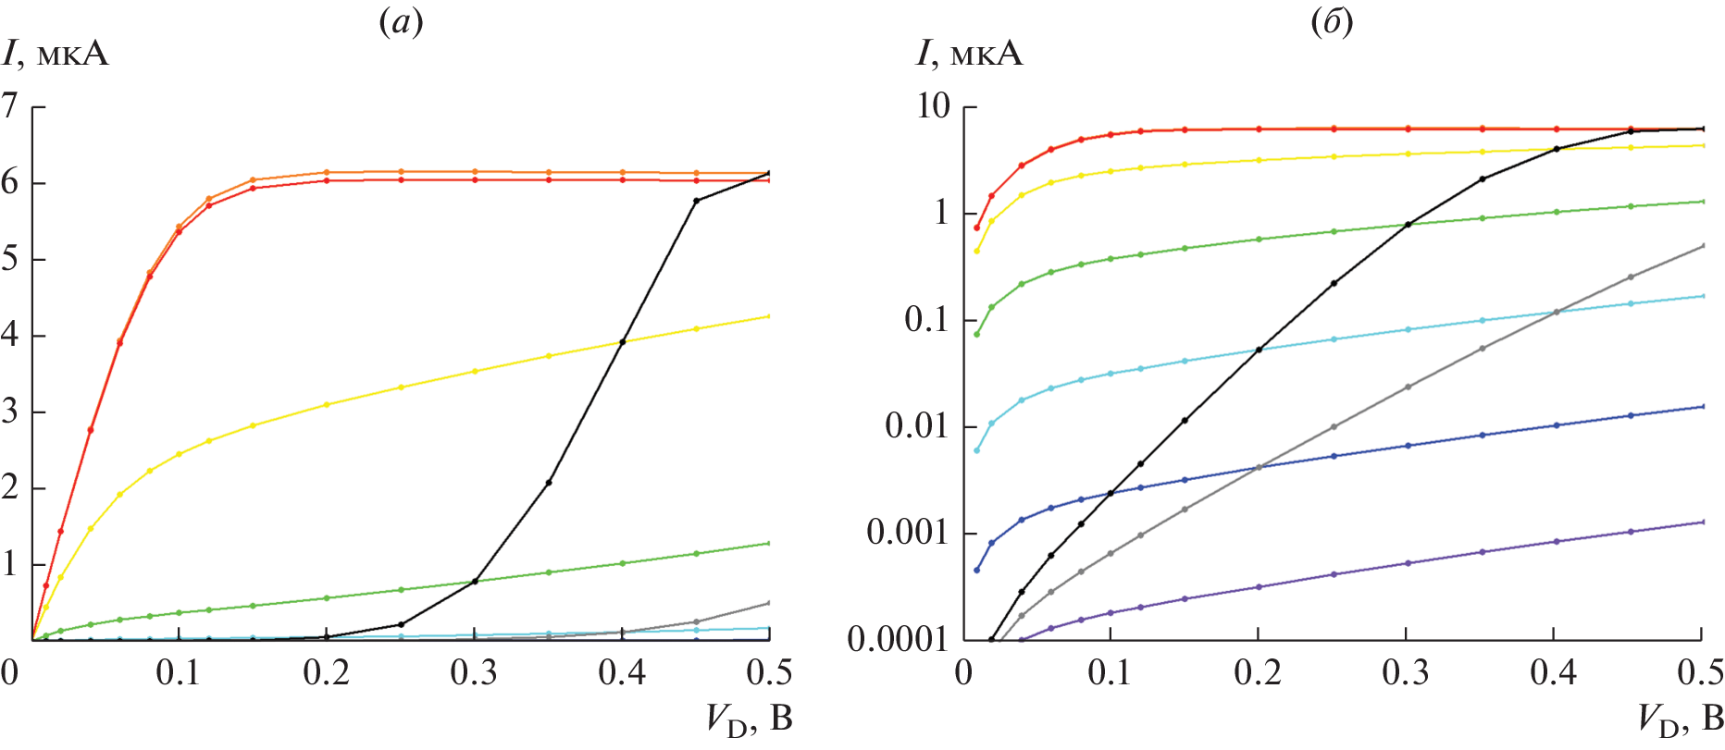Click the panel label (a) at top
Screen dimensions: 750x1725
click(402, 23)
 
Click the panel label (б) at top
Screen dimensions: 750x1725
click(1333, 23)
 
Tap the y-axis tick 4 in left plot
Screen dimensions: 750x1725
click(10, 335)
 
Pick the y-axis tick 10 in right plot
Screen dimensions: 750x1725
click(934, 106)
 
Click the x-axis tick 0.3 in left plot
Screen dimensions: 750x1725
click(474, 673)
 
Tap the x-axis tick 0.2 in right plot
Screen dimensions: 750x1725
click(1258, 673)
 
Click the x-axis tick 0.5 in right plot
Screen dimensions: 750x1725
click(1701, 673)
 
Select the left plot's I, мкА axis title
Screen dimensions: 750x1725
click(56, 54)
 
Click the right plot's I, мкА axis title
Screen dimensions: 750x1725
click(971, 54)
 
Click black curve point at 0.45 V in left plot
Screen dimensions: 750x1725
click(697, 201)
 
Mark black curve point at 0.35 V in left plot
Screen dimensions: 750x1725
click(549, 483)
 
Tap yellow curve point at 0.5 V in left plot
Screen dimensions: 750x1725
click(770, 316)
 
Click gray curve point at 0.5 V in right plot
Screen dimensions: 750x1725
click(1703, 245)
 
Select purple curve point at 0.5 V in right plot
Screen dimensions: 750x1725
click(1703, 522)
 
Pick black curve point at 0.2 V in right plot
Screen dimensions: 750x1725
click(1259, 350)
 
